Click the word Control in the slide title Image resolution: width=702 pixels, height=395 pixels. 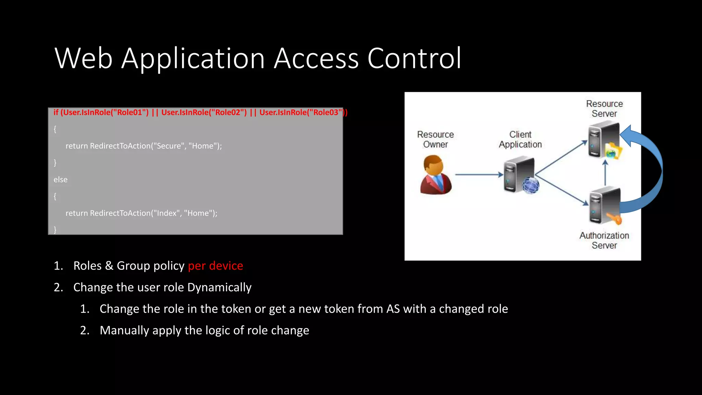(x=414, y=58)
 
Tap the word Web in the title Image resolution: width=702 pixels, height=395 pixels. (x=84, y=58)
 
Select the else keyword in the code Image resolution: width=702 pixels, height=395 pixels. (x=60, y=180)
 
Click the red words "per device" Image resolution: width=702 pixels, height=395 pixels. (x=215, y=266)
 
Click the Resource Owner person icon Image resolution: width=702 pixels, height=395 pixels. (x=436, y=175)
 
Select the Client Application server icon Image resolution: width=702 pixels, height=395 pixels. (x=519, y=174)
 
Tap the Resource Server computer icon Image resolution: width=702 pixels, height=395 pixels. (x=604, y=141)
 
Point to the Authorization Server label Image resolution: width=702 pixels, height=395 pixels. (x=604, y=240)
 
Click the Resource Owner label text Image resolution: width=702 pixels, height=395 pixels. (x=435, y=139)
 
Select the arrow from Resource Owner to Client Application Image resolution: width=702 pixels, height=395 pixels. (x=479, y=175)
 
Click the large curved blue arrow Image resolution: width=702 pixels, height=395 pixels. (x=651, y=168)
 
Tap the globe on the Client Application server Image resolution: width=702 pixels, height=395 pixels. (x=531, y=186)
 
